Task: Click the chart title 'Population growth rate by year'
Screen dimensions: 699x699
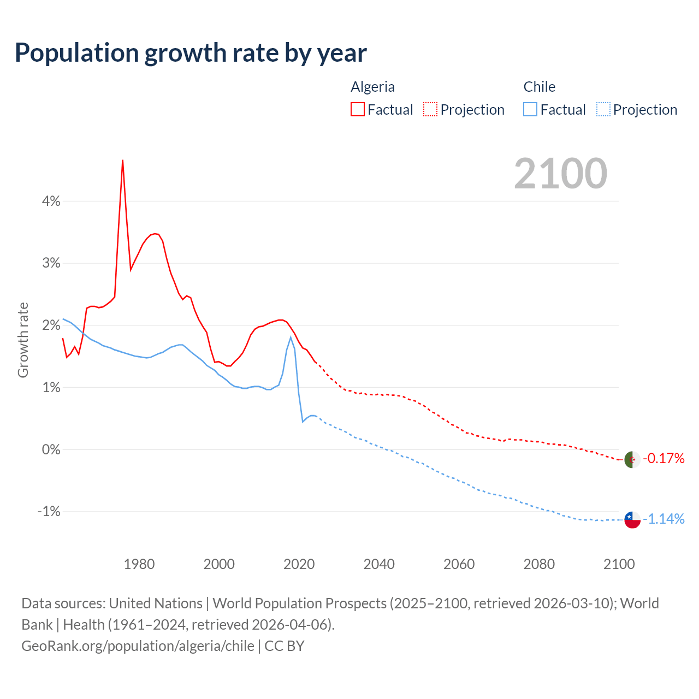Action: click(191, 53)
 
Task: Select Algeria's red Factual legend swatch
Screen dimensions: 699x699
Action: click(357, 109)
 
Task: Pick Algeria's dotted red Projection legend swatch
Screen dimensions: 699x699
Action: click(430, 109)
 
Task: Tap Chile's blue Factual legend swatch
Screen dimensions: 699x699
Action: click(530, 109)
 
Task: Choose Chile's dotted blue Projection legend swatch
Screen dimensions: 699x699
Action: click(603, 109)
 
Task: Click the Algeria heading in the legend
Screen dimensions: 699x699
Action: click(372, 87)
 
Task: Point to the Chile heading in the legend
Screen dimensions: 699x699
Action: click(539, 87)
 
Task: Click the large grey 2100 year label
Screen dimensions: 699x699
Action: click(560, 174)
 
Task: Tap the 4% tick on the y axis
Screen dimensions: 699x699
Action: click(51, 201)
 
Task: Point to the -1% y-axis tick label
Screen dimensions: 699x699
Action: click(49, 512)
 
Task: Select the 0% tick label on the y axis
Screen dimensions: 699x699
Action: click(51, 449)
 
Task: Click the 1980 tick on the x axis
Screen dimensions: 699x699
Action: click(139, 564)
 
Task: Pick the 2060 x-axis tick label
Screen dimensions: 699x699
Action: click(459, 564)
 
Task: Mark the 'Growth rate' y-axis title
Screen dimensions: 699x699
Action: click(23, 340)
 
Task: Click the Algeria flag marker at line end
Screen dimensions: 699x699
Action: click(632, 460)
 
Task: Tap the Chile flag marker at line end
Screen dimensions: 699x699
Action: click(632, 520)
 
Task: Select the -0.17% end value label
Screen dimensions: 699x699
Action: click(664, 458)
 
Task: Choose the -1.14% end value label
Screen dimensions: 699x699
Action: click(664, 519)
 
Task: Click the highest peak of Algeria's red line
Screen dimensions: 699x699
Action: click(123, 161)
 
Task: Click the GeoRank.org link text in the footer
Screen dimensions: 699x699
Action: click(138, 646)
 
